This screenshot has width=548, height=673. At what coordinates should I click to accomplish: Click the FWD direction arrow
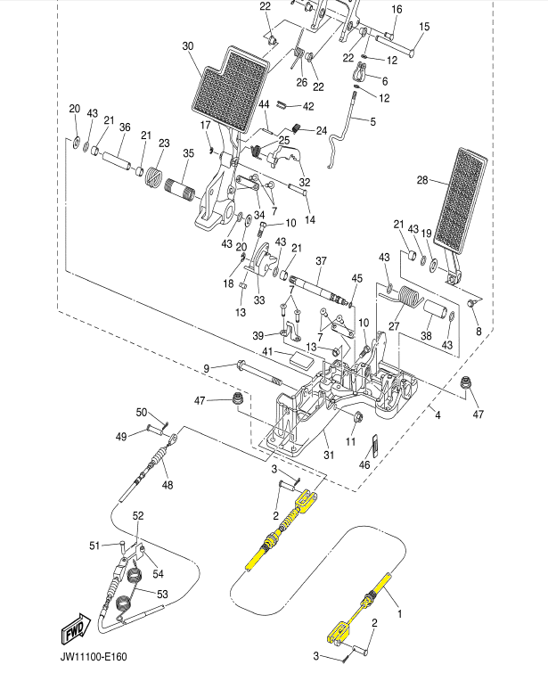(x=76, y=628)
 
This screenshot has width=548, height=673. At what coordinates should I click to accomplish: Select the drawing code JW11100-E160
(x=94, y=657)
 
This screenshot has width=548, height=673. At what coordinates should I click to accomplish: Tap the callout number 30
(x=188, y=46)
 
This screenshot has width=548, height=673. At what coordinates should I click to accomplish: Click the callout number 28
(x=422, y=180)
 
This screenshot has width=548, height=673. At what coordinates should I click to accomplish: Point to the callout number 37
(x=321, y=260)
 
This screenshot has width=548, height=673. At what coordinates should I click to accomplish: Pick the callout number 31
(x=329, y=455)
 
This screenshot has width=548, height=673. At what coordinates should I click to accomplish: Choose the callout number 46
(x=364, y=464)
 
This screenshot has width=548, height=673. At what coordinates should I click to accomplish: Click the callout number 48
(x=168, y=485)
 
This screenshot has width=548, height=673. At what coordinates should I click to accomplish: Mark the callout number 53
(x=163, y=594)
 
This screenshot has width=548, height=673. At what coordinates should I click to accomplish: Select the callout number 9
(x=207, y=369)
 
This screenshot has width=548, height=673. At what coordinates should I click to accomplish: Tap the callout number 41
(x=267, y=352)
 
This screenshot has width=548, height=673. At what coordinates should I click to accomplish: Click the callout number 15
(x=424, y=27)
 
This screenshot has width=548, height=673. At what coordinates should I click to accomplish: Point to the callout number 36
(x=125, y=127)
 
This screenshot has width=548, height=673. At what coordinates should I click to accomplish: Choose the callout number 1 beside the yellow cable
(x=399, y=614)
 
